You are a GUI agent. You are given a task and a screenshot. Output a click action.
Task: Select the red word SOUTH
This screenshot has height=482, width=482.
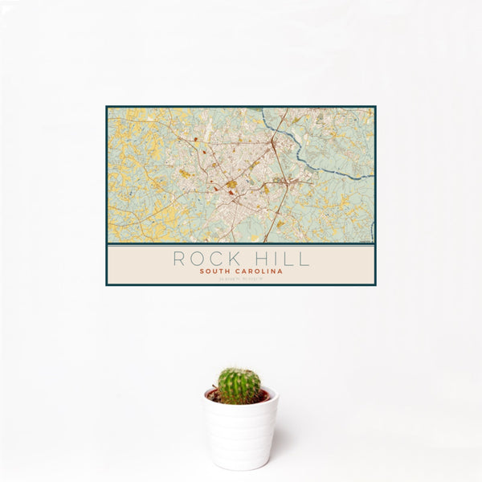(x=219, y=272)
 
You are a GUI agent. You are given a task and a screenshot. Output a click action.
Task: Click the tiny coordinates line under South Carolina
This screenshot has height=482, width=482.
(x=241, y=279)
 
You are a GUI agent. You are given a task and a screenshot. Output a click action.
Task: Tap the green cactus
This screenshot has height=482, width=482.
(x=239, y=386)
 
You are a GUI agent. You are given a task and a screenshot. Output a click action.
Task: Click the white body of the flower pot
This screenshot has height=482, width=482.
(x=240, y=434)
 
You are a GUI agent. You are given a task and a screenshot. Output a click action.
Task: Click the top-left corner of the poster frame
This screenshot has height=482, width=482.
(x=106, y=107)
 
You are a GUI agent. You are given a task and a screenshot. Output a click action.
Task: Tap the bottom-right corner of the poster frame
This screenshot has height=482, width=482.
(x=375, y=285)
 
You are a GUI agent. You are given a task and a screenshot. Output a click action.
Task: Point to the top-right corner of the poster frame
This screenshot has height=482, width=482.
(x=375, y=107)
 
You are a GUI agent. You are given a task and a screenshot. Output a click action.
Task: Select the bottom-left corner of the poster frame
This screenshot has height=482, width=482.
(x=106, y=285)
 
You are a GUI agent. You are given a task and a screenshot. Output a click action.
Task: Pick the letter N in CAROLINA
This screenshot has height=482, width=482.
(x=273, y=272)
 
